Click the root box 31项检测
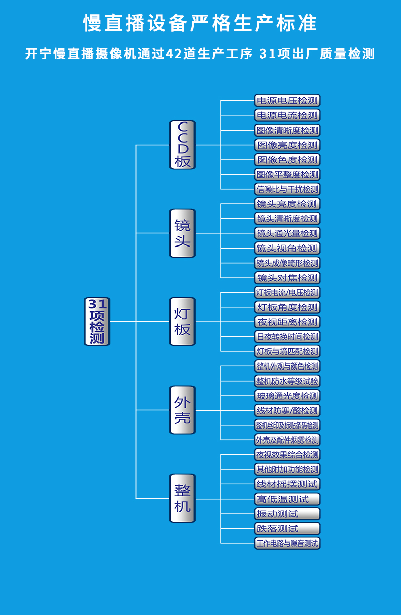97,321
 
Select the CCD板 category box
182,145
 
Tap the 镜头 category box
182,233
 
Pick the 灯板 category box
182,321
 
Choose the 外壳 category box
182,410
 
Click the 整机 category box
182,498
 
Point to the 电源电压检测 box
287,100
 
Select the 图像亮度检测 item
287,145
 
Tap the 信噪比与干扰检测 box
287,189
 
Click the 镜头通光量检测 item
287,233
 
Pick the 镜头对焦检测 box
287,278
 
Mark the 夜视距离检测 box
287,322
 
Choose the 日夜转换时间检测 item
287,336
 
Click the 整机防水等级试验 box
287,381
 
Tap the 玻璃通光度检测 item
287,396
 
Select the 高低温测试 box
287,499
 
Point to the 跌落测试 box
287,528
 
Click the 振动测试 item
287,514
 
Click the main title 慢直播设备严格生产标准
200,23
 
